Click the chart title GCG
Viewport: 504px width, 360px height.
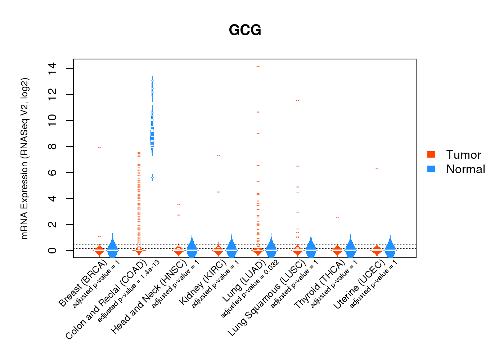tap(245, 30)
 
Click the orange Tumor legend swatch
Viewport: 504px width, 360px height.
tap(431, 154)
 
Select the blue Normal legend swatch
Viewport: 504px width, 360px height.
tap(431, 169)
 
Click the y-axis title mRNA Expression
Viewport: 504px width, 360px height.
tap(24, 158)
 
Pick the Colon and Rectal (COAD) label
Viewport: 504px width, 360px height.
tap(106, 299)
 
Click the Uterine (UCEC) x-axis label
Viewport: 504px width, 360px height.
tap(359, 284)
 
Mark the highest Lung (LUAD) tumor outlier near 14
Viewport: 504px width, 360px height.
tap(258, 67)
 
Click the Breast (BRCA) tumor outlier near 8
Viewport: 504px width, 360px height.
tap(99, 148)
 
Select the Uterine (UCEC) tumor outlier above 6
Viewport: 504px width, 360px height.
tap(377, 168)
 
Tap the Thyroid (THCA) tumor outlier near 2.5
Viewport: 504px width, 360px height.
tap(337, 218)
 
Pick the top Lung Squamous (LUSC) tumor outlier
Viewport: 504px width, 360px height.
tap(298, 100)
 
